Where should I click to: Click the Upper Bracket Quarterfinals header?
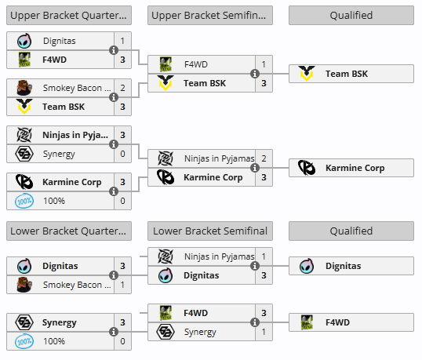pos(69,16)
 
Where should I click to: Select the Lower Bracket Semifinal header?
pos(210,231)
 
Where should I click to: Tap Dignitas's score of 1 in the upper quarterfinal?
pos(122,41)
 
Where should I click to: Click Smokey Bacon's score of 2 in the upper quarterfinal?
pos(122,88)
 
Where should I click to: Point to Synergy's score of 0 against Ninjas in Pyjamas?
pos(122,154)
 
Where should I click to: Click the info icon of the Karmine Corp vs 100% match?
pos(114,191)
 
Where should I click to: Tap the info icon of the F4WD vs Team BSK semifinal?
pos(255,74)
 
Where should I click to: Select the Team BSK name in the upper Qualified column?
pos(347,74)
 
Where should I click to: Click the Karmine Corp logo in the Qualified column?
pos(307,168)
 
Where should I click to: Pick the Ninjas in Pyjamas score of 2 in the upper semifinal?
pos(264,158)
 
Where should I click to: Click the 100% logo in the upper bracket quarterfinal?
pos(24,201)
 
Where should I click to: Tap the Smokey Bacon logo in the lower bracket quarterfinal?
pos(24,285)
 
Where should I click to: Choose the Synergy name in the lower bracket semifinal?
pos(200,333)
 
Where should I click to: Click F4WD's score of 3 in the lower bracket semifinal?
pos(264,313)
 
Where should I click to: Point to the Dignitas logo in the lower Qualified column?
pos(307,266)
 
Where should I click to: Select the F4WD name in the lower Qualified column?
pos(337,322)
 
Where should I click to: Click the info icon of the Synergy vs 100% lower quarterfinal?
pos(114,332)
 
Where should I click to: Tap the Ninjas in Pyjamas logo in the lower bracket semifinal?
pos(166,256)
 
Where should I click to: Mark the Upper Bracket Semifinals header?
pos(210,16)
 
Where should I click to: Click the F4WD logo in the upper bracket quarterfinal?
pos(24,60)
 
